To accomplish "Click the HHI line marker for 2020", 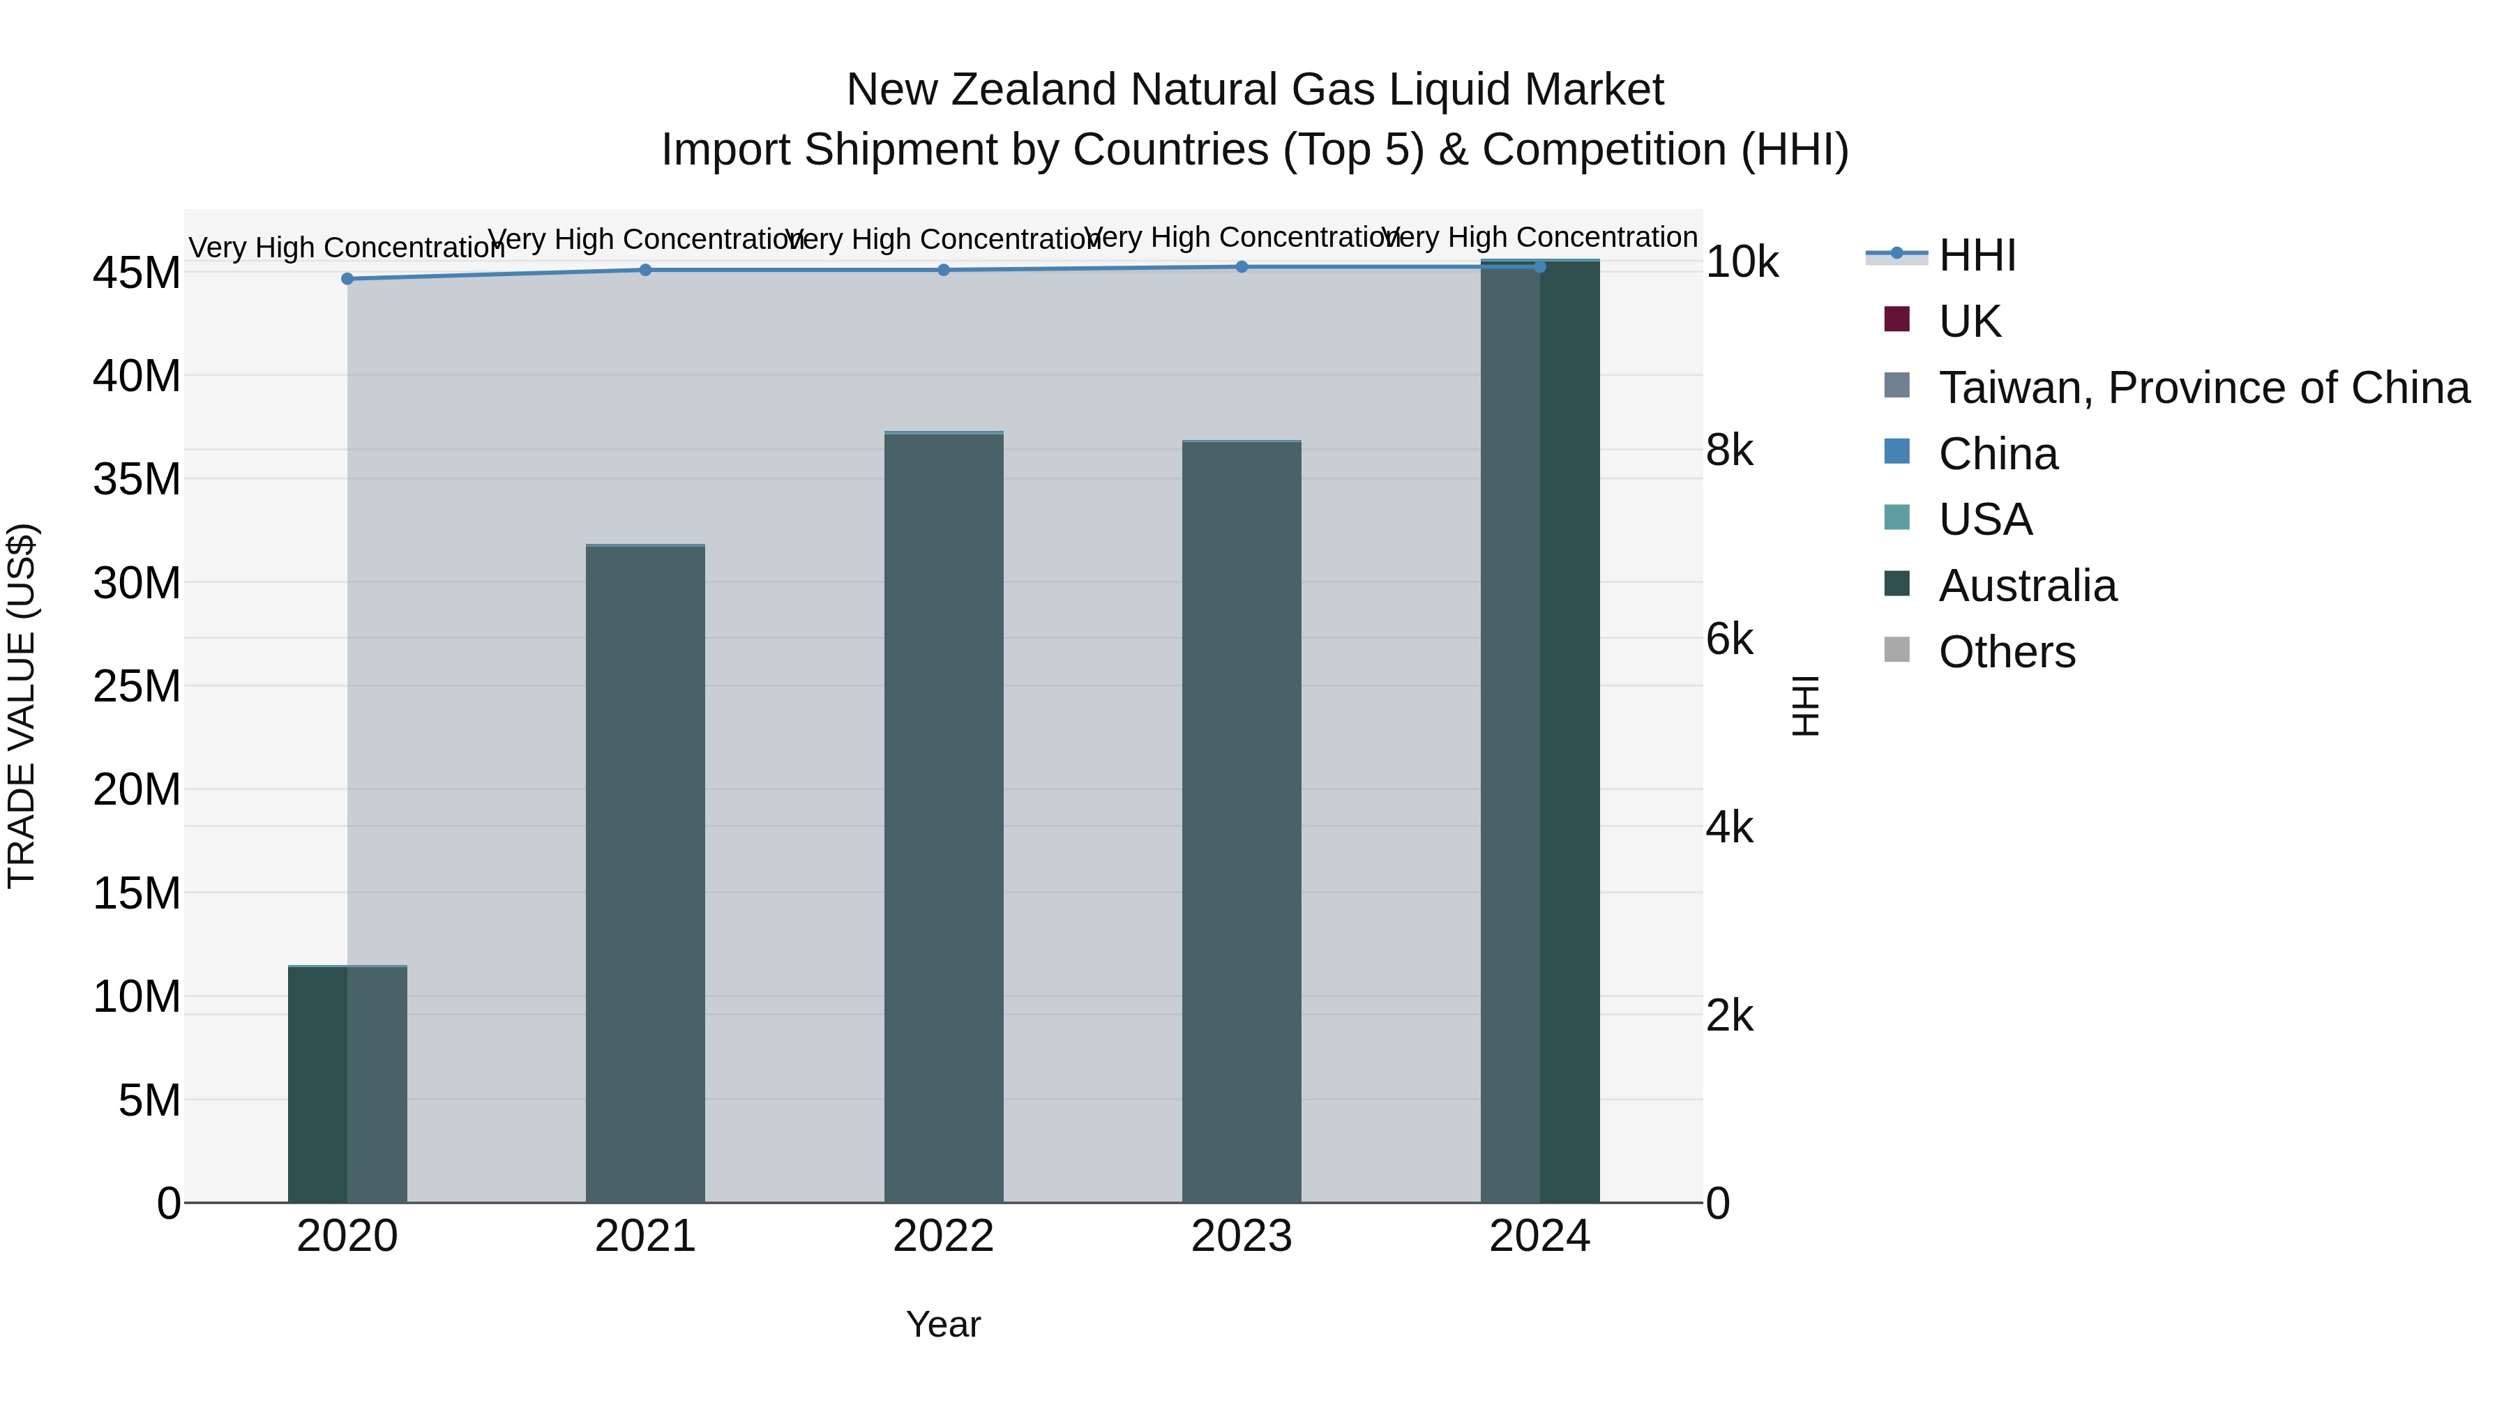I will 347,279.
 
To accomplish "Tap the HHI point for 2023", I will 1242,267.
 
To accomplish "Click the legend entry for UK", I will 1969,321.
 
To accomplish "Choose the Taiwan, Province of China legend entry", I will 2203,388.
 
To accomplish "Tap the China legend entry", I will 1998,454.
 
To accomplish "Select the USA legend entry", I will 1984,519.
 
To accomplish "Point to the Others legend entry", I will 2006,652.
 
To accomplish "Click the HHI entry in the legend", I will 1977,255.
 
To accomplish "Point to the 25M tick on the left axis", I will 137,686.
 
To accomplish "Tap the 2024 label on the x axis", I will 1539,1236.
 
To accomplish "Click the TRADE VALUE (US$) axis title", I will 22,706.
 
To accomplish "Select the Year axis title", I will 942,1324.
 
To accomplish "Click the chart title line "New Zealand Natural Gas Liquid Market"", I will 1255,90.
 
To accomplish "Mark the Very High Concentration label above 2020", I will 347,248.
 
